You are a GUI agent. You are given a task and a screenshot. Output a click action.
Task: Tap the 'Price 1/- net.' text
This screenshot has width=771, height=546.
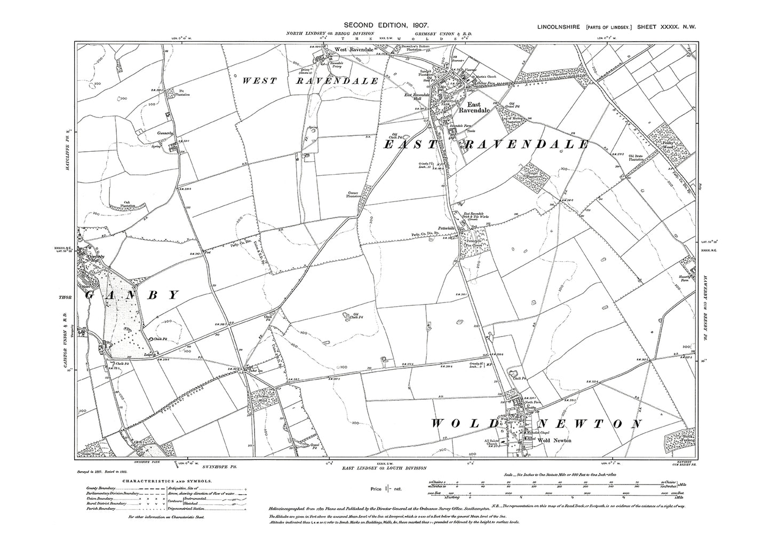tap(385, 488)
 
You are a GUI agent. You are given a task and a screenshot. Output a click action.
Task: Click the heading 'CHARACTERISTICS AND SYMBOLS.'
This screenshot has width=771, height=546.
tap(166, 481)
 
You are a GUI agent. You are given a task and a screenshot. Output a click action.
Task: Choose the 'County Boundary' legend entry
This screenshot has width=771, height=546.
tap(100, 488)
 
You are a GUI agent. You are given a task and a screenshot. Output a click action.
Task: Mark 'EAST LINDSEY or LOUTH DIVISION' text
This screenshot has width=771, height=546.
tap(384, 468)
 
